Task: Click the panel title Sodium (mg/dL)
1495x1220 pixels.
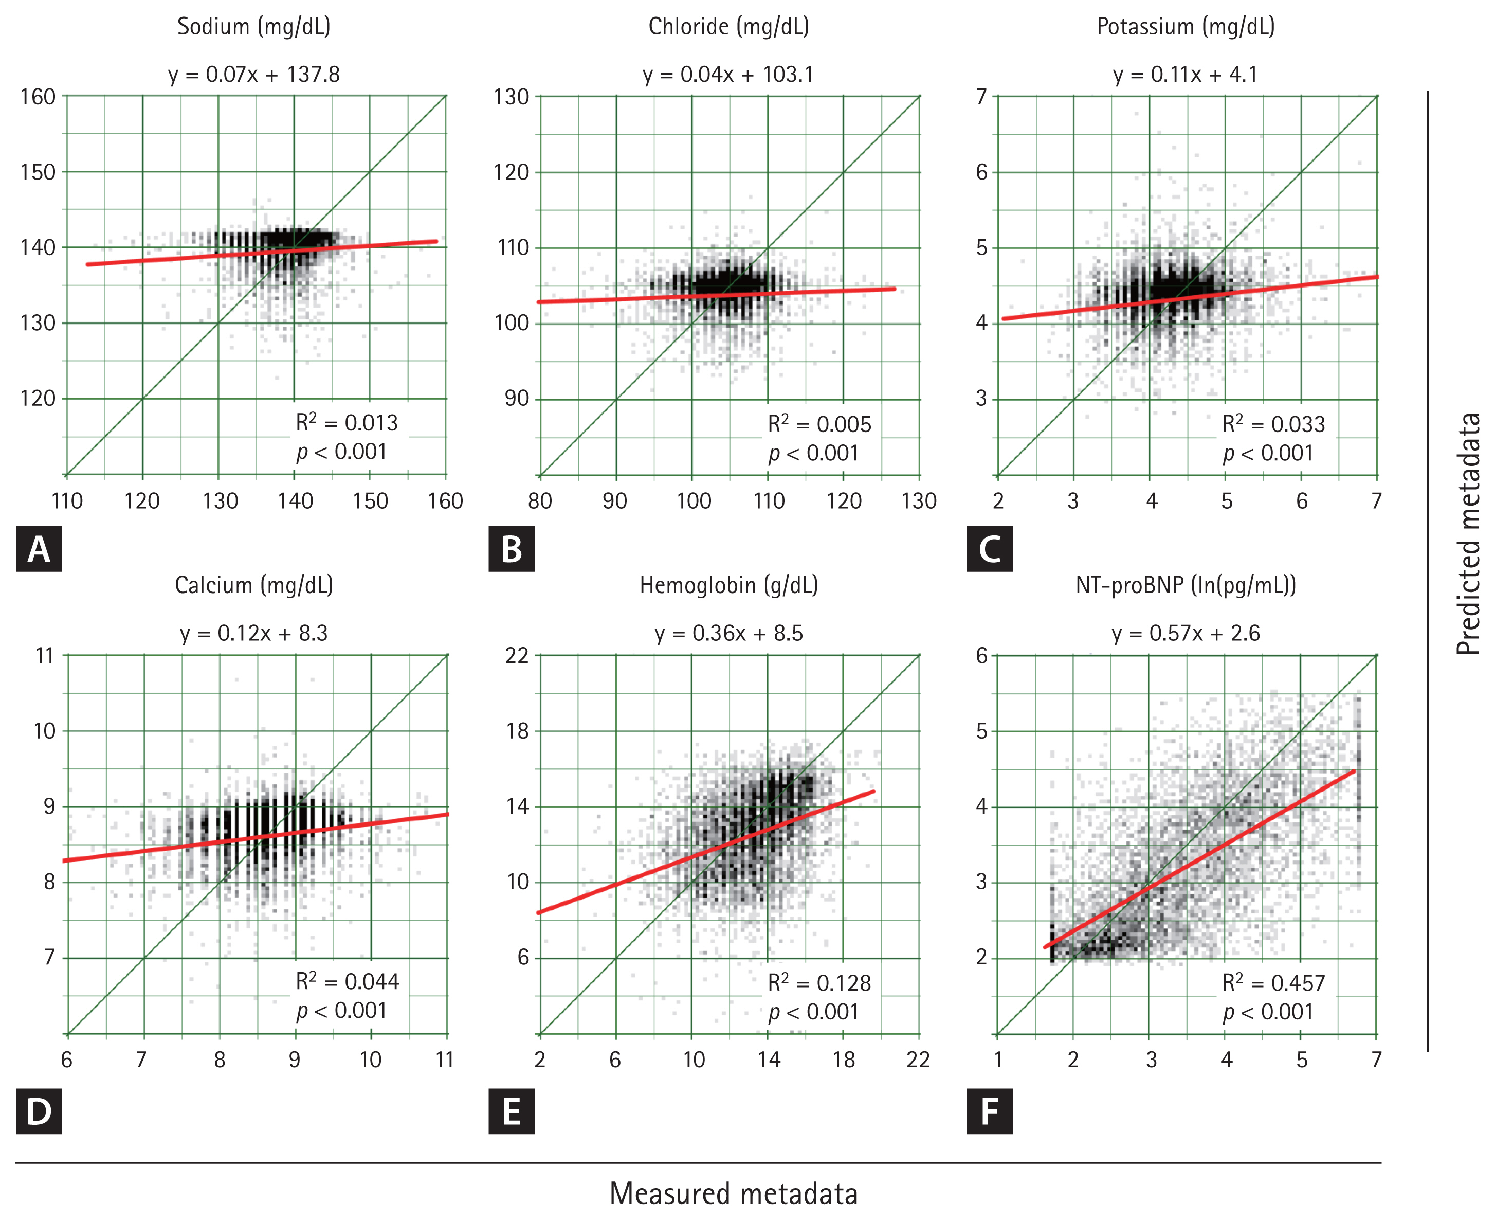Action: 253,27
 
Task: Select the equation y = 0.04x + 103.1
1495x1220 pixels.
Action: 728,75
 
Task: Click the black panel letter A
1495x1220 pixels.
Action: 39,549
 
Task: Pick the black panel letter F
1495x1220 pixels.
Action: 989,1111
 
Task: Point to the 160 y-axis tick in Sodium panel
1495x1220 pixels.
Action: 38,97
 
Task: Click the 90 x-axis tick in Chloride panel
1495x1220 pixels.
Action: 615,501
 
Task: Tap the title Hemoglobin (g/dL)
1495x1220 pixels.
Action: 728,585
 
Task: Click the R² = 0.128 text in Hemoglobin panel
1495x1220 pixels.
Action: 819,982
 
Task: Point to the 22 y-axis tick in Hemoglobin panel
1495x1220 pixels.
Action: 517,656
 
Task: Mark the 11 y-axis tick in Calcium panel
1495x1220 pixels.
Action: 45,656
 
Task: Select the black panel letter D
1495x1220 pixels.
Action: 39,1111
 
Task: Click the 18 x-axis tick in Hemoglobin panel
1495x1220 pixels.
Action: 843,1060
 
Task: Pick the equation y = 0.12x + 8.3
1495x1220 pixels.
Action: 253,633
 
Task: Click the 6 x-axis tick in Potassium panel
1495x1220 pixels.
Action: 1301,501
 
